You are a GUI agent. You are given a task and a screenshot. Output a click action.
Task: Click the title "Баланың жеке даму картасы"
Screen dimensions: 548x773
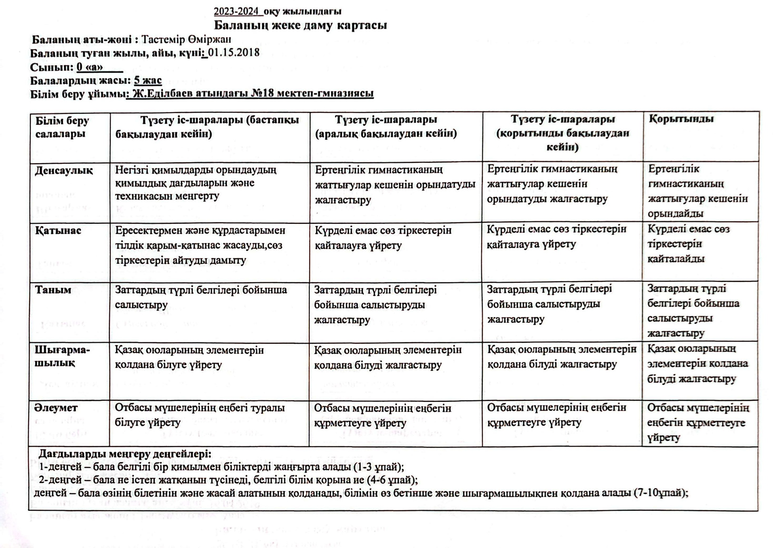coord(300,25)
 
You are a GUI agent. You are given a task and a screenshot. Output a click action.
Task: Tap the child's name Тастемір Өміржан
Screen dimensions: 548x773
coord(186,40)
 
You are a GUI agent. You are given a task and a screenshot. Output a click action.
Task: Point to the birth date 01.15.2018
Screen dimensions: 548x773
coord(234,53)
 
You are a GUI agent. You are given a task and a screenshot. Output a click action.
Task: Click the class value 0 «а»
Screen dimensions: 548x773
coord(90,67)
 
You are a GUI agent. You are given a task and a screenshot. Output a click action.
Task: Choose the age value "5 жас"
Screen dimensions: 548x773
coord(148,81)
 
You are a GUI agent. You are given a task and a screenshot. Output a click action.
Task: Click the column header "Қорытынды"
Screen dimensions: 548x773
coord(681,119)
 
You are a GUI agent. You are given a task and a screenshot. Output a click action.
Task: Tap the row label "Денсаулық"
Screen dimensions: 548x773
coord(64,171)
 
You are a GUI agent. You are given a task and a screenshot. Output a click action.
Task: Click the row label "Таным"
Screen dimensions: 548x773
coord(54,290)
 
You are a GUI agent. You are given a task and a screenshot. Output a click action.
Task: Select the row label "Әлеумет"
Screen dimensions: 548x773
coord(56,408)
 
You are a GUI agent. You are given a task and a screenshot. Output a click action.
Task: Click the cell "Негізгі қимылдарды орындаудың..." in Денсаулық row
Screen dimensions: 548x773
coord(196,183)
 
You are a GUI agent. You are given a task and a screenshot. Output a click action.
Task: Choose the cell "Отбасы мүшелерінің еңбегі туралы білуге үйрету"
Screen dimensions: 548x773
coord(199,415)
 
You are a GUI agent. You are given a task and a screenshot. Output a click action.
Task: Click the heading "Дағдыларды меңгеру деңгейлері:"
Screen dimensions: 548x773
coord(125,454)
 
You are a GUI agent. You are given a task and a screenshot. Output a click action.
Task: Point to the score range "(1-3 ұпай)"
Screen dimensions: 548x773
coord(379,466)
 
